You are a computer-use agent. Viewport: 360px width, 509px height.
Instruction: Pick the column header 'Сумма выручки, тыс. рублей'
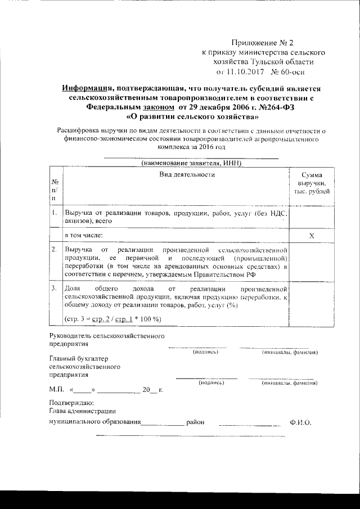[x=312, y=183]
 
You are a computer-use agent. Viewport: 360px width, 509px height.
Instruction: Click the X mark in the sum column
[x=312, y=235]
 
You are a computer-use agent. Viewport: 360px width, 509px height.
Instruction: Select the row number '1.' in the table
[x=54, y=214]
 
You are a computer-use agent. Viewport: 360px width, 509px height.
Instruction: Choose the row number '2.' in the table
[x=54, y=249]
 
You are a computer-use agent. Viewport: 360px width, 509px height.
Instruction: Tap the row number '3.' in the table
[x=54, y=288]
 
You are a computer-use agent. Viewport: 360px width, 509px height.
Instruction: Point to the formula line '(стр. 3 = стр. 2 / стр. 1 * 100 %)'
[x=113, y=319]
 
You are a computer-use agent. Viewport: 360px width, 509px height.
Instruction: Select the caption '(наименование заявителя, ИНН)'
[x=191, y=163]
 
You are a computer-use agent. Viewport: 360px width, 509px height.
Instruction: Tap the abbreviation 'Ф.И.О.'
[x=300, y=422]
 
